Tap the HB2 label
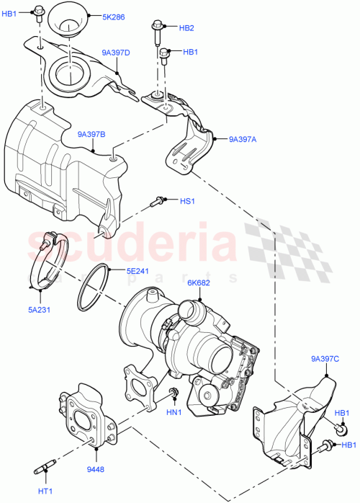click(x=186, y=28)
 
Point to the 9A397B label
click(x=91, y=134)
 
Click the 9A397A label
click(x=244, y=141)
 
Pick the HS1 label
click(x=186, y=201)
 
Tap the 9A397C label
click(x=325, y=358)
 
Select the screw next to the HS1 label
click(x=158, y=202)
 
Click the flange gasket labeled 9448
click(x=90, y=416)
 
